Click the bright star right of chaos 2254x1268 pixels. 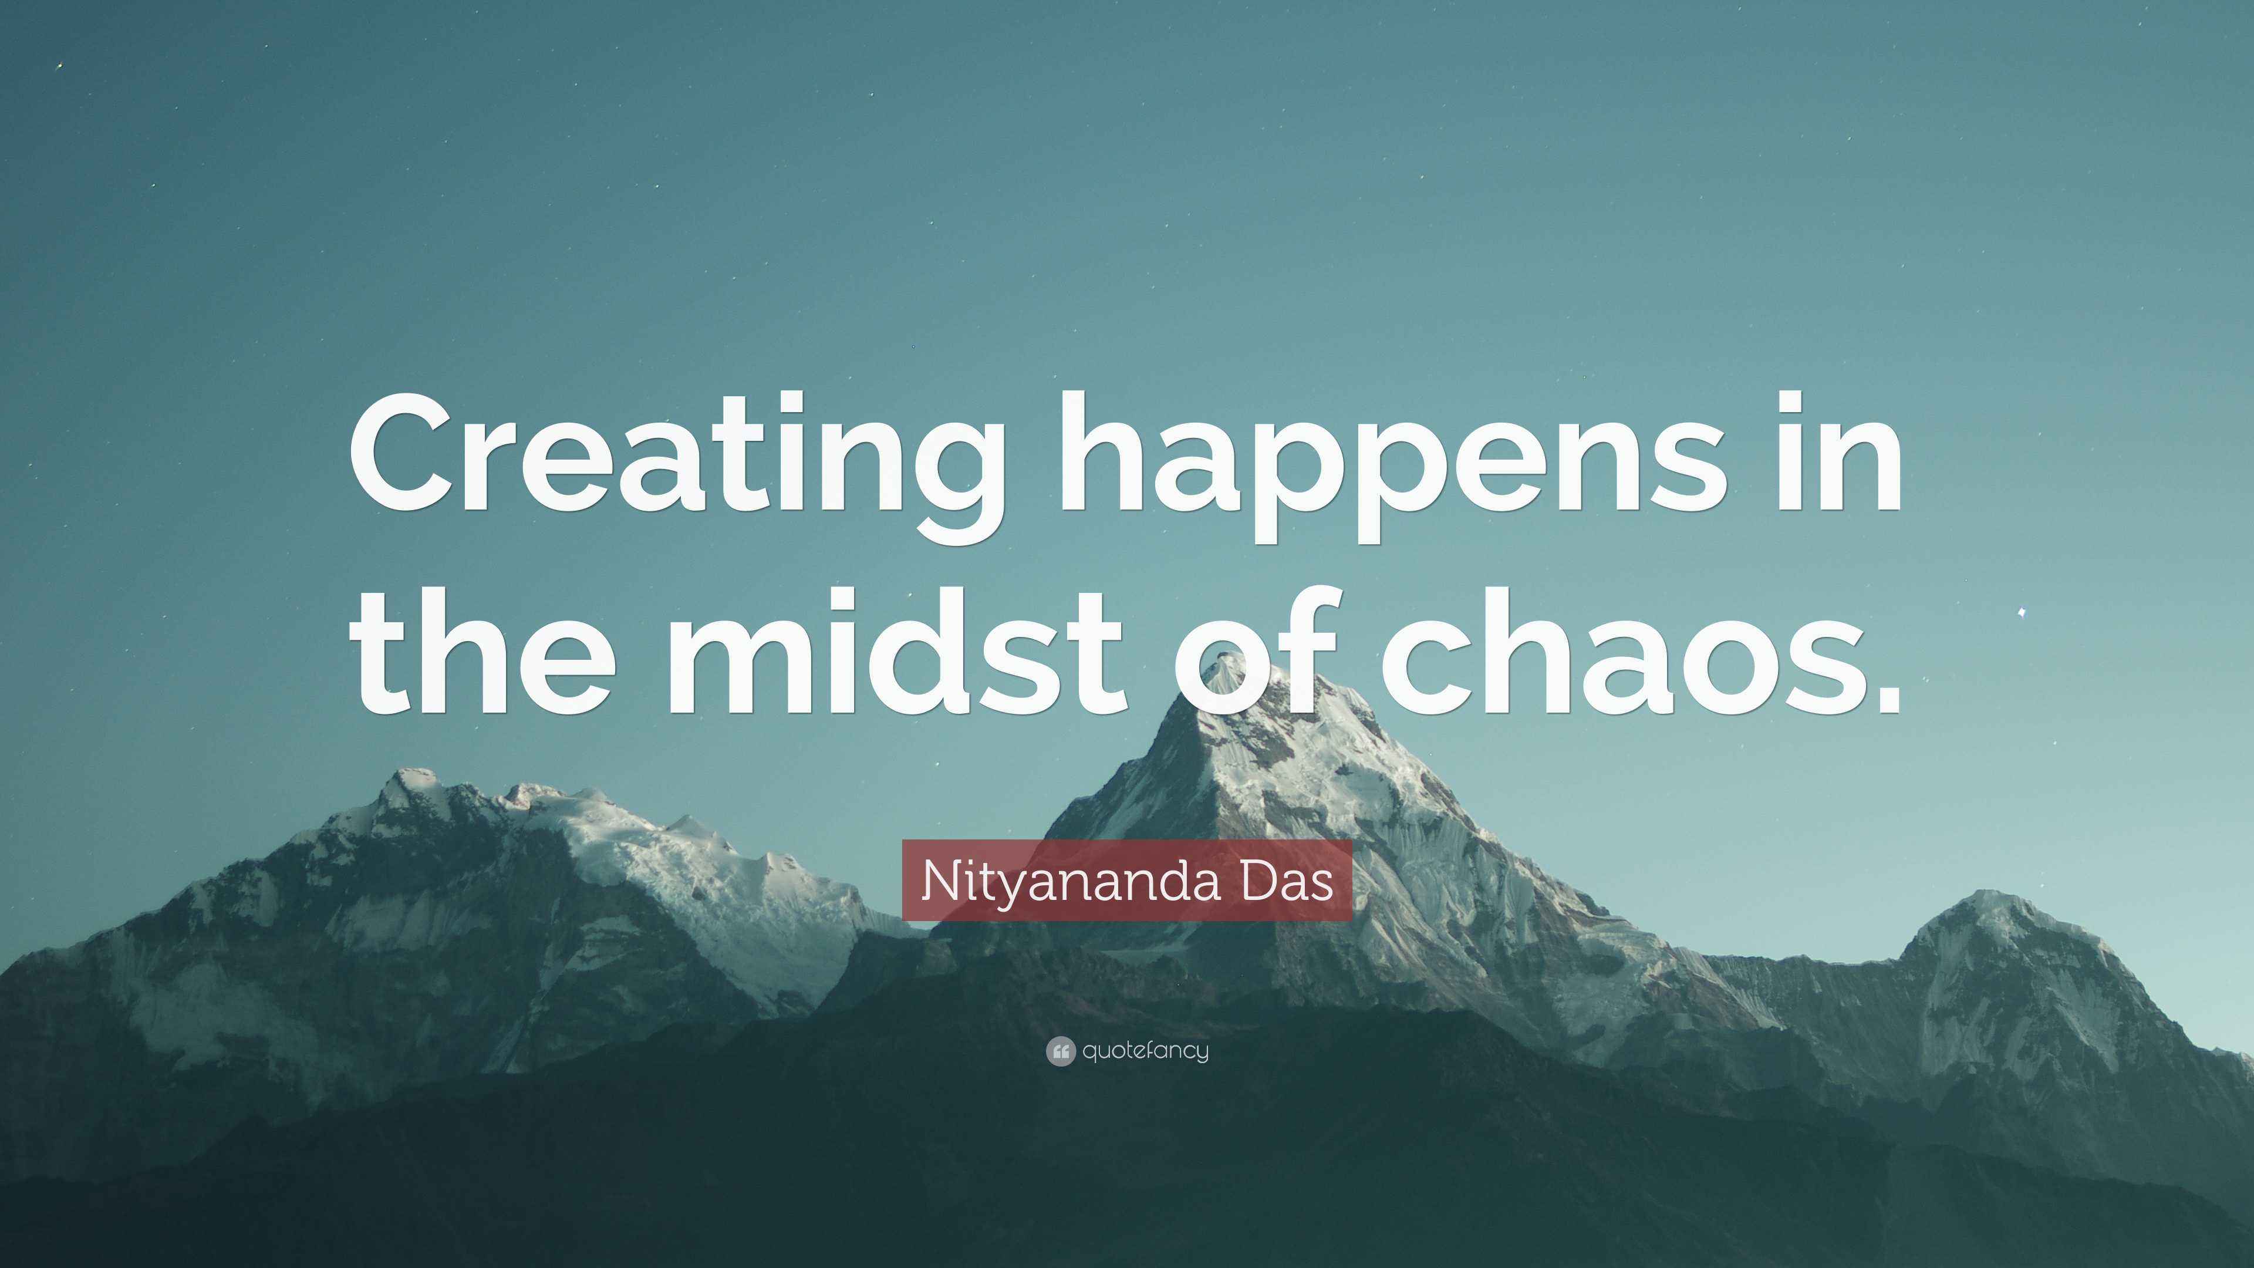tap(2020, 612)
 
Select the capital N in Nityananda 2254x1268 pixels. tap(936, 881)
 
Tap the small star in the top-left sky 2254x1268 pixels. tap(59, 66)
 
